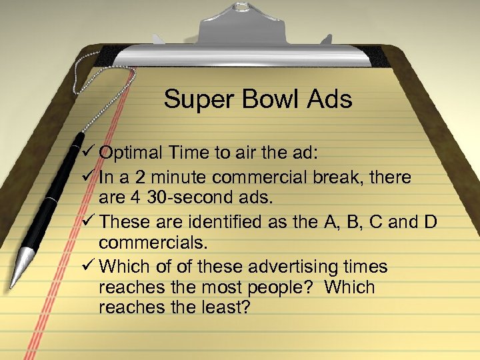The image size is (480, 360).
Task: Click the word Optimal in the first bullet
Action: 129,153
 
